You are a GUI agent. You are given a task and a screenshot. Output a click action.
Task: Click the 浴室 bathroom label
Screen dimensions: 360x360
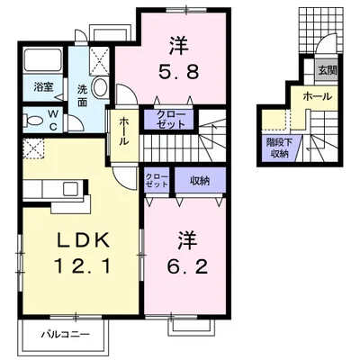tap(43, 87)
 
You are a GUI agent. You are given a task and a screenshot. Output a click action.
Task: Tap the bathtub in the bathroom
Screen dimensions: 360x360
tap(43, 59)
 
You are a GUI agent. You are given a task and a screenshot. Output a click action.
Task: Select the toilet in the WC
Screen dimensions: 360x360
tap(32, 121)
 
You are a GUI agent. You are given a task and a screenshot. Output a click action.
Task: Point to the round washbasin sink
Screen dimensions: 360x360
tap(100, 86)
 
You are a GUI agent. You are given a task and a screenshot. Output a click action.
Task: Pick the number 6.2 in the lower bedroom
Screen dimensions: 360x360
tap(187, 266)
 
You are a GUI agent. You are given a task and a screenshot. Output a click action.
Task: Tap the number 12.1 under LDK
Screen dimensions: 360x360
tap(82, 266)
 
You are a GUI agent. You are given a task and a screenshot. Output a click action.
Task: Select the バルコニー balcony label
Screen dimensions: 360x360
tap(66, 335)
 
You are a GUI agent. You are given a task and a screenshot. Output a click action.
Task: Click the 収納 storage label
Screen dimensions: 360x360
tap(200, 181)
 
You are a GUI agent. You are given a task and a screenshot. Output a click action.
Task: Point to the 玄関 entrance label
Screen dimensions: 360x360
tap(328, 71)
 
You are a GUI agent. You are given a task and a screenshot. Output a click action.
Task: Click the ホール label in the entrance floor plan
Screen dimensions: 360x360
tap(317, 96)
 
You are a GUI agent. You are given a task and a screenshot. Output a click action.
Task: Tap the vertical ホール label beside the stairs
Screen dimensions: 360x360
tap(124, 132)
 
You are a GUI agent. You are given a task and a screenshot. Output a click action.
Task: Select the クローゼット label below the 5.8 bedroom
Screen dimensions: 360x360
tap(171, 120)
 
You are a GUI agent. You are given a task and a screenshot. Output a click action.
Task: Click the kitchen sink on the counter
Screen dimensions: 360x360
tap(71, 189)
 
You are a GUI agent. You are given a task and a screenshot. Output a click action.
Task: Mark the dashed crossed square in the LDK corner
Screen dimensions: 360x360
tap(33, 148)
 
